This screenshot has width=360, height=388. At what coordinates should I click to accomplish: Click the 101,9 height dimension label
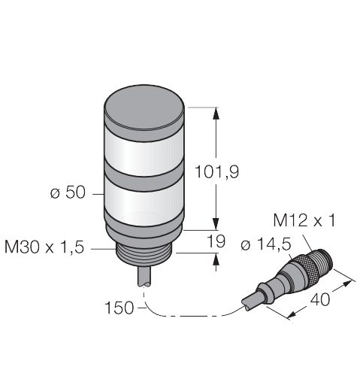coord(216,172)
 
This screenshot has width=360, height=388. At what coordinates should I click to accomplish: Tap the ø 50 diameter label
coord(68,192)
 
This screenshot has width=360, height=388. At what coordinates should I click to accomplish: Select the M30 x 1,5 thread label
coord(44,247)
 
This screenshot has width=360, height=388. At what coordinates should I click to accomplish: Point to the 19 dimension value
coord(216,241)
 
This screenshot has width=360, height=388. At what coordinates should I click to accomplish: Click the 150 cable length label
coord(119,308)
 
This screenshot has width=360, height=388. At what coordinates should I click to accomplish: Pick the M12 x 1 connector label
coord(304,220)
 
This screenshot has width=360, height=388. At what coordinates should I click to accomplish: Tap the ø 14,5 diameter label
coord(266,244)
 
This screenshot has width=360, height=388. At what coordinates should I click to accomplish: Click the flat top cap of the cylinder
coord(144,107)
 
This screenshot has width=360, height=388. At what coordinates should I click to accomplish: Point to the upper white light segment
coord(144,153)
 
